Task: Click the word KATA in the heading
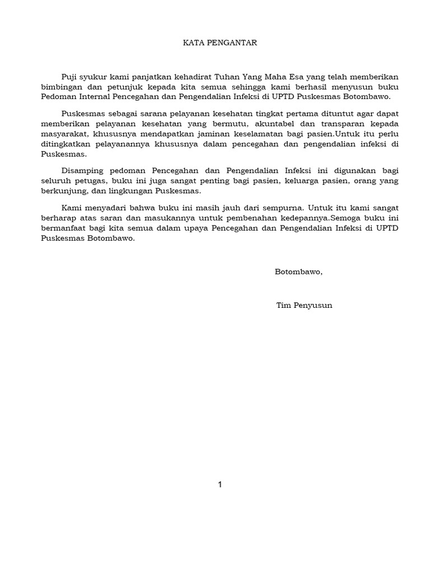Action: (194, 43)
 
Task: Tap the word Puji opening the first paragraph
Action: (71, 77)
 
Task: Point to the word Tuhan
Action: (228, 77)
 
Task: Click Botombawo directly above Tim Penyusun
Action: (298, 272)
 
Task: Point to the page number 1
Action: (220, 485)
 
